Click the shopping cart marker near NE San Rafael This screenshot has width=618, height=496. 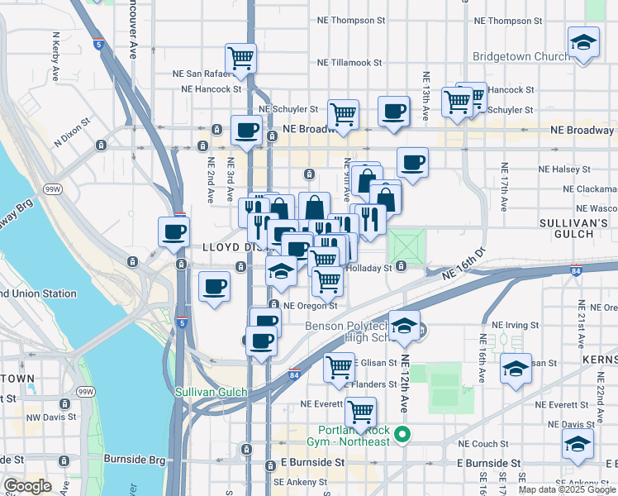pyautogui.click(x=241, y=58)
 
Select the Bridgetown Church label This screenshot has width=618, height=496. pyautogui.click(x=521, y=57)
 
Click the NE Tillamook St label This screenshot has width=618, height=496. pyautogui.click(x=349, y=62)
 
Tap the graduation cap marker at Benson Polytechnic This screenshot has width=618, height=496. pyautogui.click(x=405, y=325)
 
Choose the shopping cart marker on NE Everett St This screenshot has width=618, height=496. pyautogui.click(x=360, y=411)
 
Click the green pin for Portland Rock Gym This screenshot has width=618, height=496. pyautogui.click(x=402, y=434)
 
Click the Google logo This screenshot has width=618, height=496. pyautogui.click(x=28, y=486)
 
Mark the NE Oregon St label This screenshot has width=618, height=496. pyautogui.click(x=311, y=305)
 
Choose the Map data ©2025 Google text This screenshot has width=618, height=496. pyautogui.click(x=566, y=489)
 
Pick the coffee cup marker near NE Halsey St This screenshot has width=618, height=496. pyautogui.click(x=412, y=162)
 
